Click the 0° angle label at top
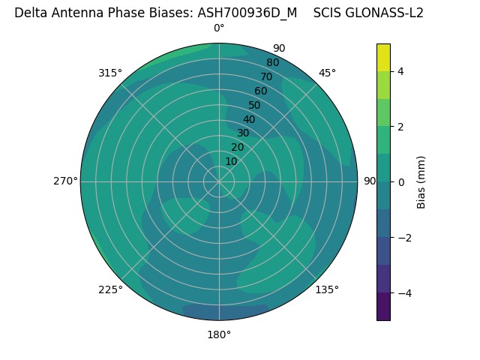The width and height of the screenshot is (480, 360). [x=219, y=28]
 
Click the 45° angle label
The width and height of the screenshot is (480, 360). [x=327, y=73]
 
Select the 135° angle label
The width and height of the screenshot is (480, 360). [x=327, y=289]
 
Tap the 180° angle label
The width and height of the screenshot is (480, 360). [x=219, y=334]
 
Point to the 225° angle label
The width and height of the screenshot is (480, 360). [x=110, y=289]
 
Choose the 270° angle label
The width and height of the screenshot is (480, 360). [x=65, y=181]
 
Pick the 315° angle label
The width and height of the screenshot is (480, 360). [x=110, y=73]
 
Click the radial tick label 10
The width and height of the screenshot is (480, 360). [x=231, y=161]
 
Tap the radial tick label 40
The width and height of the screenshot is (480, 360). [x=249, y=119]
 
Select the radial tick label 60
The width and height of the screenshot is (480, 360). [x=260, y=91]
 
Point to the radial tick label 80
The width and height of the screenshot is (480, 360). [x=272, y=63]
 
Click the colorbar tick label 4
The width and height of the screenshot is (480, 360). [x=400, y=71]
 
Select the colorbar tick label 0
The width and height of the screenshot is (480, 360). [x=400, y=182]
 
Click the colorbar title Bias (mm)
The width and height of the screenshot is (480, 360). [x=421, y=182]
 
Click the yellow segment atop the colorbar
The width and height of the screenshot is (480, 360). [x=383, y=57]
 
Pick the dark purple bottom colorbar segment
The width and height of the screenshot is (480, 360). [x=383, y=307]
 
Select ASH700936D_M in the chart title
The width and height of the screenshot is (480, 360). [x=247, y=13]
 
